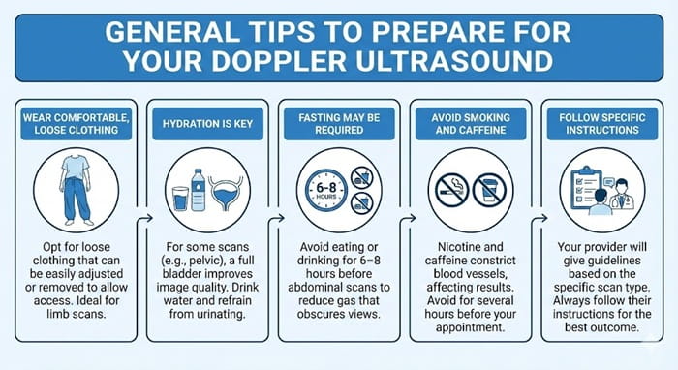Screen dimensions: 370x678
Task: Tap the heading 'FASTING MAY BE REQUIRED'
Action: tap(339, 124)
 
